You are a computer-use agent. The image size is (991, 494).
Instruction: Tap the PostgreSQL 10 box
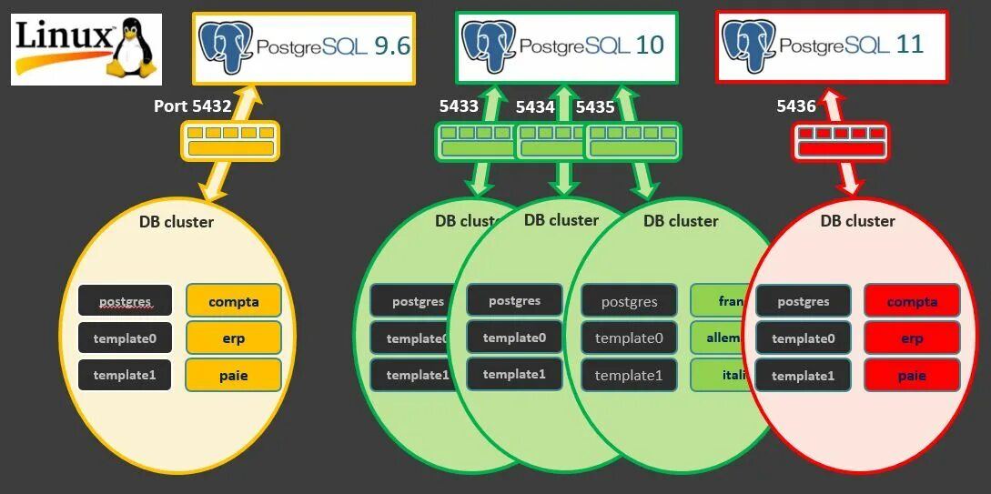pos(566,45)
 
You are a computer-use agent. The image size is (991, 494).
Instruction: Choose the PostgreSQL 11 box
pos(832,45)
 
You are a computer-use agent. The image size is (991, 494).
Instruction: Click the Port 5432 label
pos(192,106)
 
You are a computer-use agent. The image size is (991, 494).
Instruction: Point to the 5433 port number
pos(459,106)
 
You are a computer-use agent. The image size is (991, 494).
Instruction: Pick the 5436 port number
pos(796,106)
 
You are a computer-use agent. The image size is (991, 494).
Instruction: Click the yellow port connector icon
pos(229,140)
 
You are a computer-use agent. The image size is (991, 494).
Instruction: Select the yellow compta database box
pos(234,301)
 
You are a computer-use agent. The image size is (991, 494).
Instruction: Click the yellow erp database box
pos(234,338)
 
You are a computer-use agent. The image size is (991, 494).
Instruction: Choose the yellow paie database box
pos(234,375)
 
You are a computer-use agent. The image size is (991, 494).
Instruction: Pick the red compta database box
pos(912,301)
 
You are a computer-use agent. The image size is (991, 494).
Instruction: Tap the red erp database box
pos(912,338)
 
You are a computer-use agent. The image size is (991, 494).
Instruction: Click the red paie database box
pos(912,375)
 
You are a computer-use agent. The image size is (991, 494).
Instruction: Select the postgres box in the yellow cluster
pos(125,301)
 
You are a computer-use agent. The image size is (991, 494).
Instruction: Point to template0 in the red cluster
pos(804,338)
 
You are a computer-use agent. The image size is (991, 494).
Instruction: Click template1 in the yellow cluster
pos(125,375)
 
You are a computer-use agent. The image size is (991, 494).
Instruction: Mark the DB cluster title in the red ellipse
pos(857,221)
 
